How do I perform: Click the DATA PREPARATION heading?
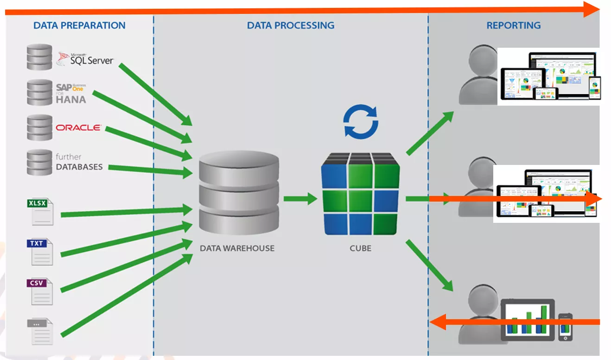point(79,25)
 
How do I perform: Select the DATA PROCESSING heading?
point(291,25)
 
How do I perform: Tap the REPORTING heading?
point(513,25)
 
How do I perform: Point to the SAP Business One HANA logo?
point(71,93)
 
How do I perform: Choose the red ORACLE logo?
point(78,127)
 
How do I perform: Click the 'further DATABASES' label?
point(79,162)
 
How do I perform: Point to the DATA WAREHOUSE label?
point(237,248)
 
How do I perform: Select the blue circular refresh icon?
point(361,122)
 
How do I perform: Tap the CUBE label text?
point(360,248)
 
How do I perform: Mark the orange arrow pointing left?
point(515,322)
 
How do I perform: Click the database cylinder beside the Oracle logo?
point(39,127)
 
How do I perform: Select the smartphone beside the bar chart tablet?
point(565,326)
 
